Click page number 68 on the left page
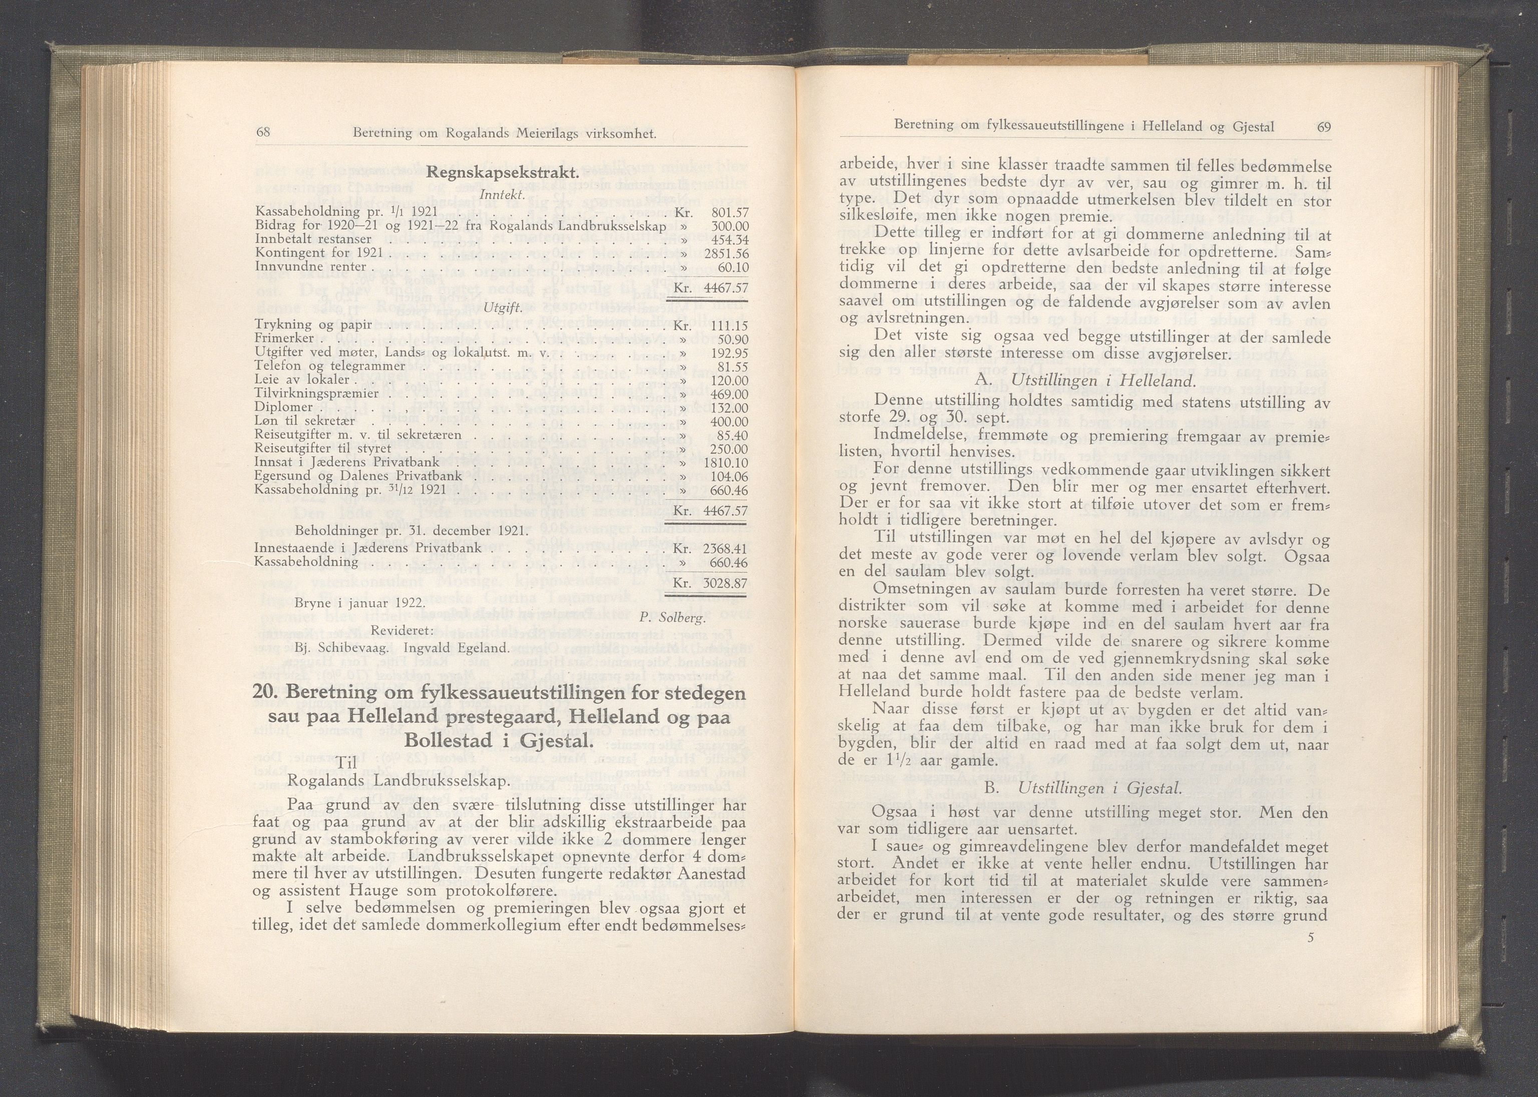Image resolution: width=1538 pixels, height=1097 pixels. (263, 133)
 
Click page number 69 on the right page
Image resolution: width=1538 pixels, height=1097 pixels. (1323, 126)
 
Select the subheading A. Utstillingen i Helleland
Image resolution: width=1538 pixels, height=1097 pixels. (1085, 381)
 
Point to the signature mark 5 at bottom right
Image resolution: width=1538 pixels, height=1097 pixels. (1310, 956)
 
